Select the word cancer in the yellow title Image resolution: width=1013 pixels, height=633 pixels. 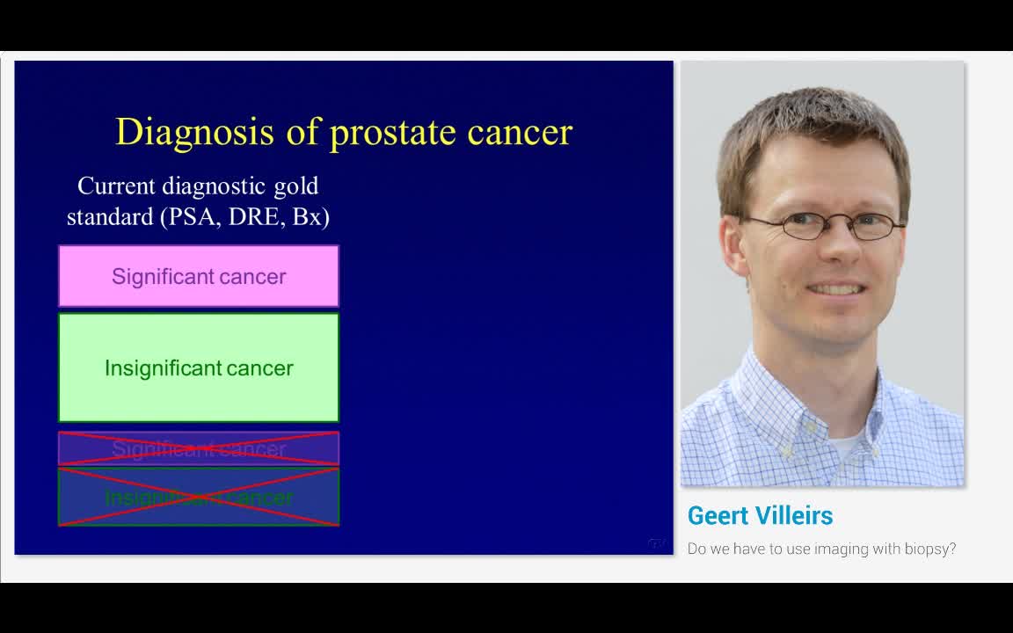coord(520,132)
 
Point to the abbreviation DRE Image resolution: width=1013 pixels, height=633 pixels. coord(253,217)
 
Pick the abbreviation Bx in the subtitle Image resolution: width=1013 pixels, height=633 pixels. coord(307,217)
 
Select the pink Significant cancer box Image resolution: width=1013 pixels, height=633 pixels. coord(199,276)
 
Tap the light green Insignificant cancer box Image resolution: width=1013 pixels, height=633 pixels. coord(199,367)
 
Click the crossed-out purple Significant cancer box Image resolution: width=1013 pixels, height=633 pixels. coord(199,448)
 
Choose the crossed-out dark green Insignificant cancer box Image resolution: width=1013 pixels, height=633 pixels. coord(199,498)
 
